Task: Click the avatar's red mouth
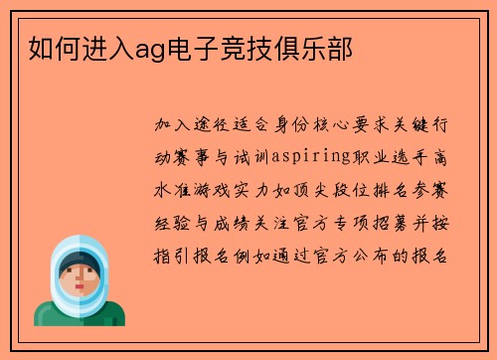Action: (x=79, y=288)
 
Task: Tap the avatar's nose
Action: (x=79, y=278)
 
